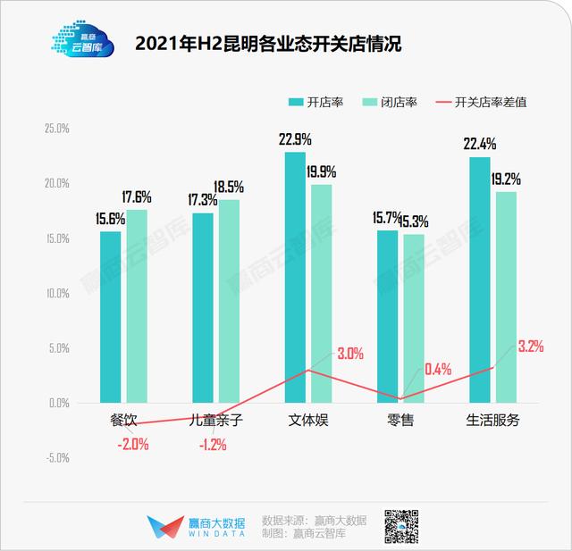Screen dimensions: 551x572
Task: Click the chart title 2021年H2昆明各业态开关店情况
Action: coord(267,42)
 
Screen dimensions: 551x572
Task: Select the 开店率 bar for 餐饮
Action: coord(110,316)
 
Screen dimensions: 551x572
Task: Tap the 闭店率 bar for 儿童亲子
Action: coord(230,300)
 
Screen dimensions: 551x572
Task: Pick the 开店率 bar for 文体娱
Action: coord(295,277)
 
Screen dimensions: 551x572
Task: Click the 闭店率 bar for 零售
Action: coord(414,317)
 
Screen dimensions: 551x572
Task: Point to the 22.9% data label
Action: coord(295,139)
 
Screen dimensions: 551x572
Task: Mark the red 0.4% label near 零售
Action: coord(439,368)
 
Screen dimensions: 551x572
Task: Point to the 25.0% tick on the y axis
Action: coord(56,129)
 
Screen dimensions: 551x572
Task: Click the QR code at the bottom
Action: coord(402,526)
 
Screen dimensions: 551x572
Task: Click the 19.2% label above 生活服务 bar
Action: coord(506,179)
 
